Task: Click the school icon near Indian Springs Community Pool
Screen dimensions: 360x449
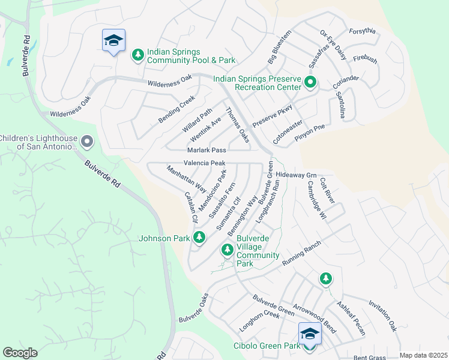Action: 113,41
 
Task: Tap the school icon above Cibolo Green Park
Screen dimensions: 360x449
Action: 310,334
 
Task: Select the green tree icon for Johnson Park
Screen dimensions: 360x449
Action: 199,238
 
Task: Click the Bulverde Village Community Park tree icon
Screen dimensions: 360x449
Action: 227,249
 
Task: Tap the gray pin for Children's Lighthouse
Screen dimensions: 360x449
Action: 87,142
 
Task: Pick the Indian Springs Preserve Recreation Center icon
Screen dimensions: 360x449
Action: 310,82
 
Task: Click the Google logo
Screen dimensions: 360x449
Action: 20,353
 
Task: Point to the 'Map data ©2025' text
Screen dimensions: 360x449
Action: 423,355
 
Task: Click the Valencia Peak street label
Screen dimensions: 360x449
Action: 204,163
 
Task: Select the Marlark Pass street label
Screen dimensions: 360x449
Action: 206,150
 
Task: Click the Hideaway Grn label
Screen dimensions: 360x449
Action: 296,175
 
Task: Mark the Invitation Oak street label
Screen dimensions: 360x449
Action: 382,316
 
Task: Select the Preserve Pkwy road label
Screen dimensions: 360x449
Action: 272,116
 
